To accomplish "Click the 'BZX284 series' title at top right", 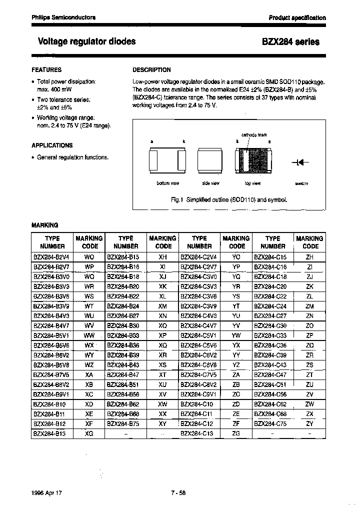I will (290, 42).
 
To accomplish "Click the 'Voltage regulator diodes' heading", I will (86, 41).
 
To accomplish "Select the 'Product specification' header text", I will (297, 17).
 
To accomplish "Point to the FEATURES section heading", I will (46, 70).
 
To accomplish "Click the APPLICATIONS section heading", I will (52, 145).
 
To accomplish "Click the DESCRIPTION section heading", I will (151, 70).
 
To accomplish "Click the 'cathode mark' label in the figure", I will (254, 135).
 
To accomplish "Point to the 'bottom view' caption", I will (167, 183).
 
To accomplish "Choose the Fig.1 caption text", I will (229, 199).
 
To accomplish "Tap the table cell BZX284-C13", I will (199, 433).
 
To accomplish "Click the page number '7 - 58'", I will (178, 492).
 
